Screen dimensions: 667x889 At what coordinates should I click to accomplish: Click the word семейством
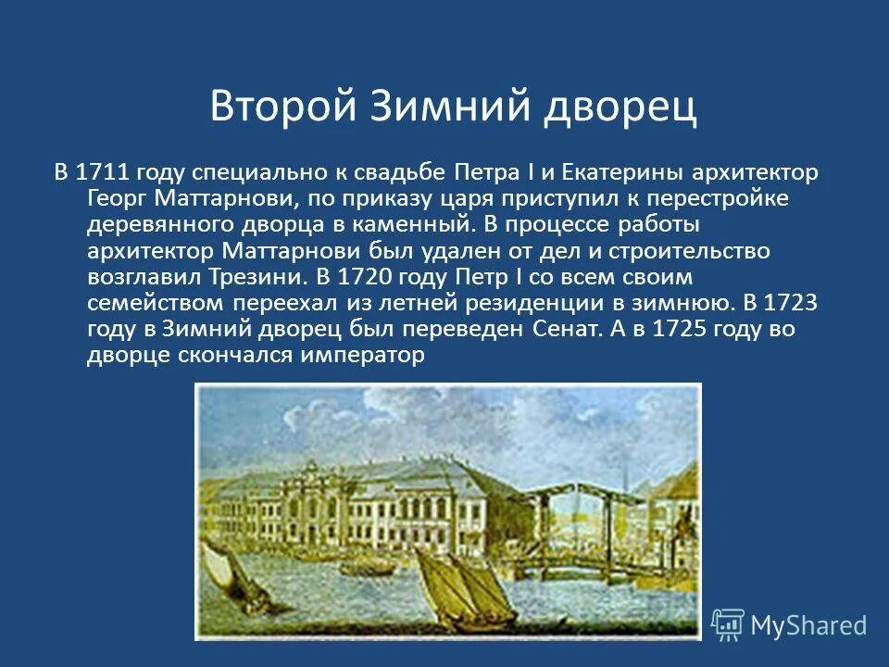coord(153,303)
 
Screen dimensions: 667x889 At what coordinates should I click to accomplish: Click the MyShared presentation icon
coord(728,625)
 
